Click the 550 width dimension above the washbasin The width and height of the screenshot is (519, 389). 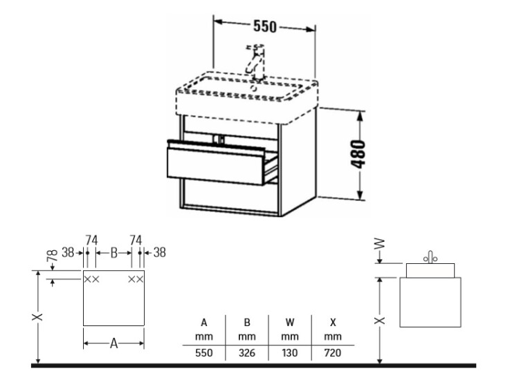coord(264,26)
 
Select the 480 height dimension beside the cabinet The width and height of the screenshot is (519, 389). coord(358,154)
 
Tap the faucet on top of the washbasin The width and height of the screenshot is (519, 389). coord(255,62)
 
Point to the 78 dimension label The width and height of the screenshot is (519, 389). coord(53,255)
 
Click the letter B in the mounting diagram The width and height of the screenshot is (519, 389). coord(113,253)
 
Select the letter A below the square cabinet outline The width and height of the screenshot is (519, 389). coord(113,343)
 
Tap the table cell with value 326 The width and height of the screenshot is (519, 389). coord(247,352)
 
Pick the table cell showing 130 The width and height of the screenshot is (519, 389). coord(290,352)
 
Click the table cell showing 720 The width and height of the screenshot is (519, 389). coord(333,352)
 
